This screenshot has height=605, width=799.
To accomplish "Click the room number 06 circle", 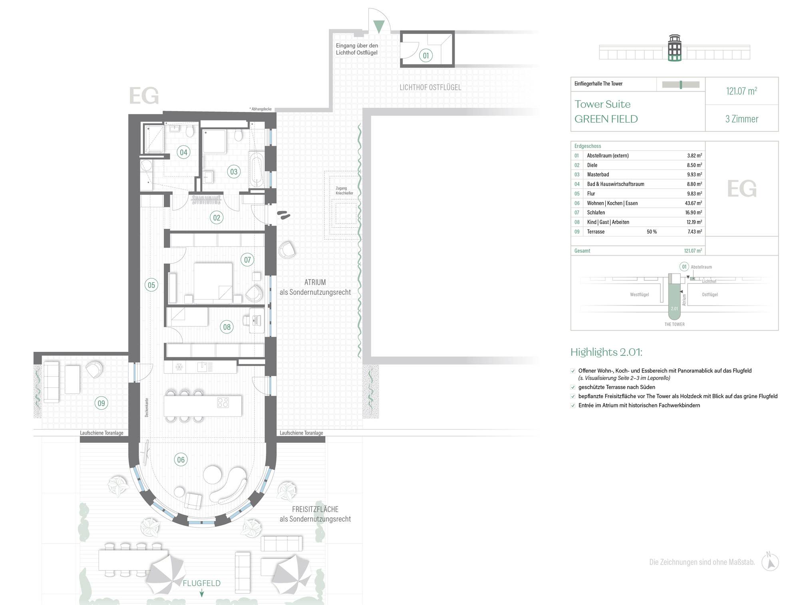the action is tap(181, 460).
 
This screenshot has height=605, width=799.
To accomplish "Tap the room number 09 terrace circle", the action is tap(101, 403).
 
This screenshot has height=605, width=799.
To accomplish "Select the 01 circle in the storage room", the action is tap(426, 56).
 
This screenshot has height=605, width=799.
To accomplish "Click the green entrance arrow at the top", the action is tap(379, 27).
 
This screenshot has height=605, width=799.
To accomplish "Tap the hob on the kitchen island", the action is tap(223, 403).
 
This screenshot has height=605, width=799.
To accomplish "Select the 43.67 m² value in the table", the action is tap(694, 203).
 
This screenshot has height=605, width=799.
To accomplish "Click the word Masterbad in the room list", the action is tap(598, 175).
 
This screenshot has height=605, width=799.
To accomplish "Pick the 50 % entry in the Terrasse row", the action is tap(652, 232).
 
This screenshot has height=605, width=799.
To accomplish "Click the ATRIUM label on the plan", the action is tap(315, 282).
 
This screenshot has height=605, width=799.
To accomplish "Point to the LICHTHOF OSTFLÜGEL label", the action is tap(430, 87).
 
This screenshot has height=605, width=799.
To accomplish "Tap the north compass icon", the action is tap(770, 562).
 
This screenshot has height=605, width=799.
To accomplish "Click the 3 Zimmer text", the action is tap(742, 119).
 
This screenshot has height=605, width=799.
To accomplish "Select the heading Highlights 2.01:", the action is tap(606, 352).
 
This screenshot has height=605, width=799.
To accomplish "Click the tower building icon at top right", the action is tap(675, 48).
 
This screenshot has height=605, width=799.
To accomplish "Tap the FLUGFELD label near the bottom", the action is tap(202, 583).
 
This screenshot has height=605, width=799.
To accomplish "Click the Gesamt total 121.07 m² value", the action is tap(693, 251).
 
